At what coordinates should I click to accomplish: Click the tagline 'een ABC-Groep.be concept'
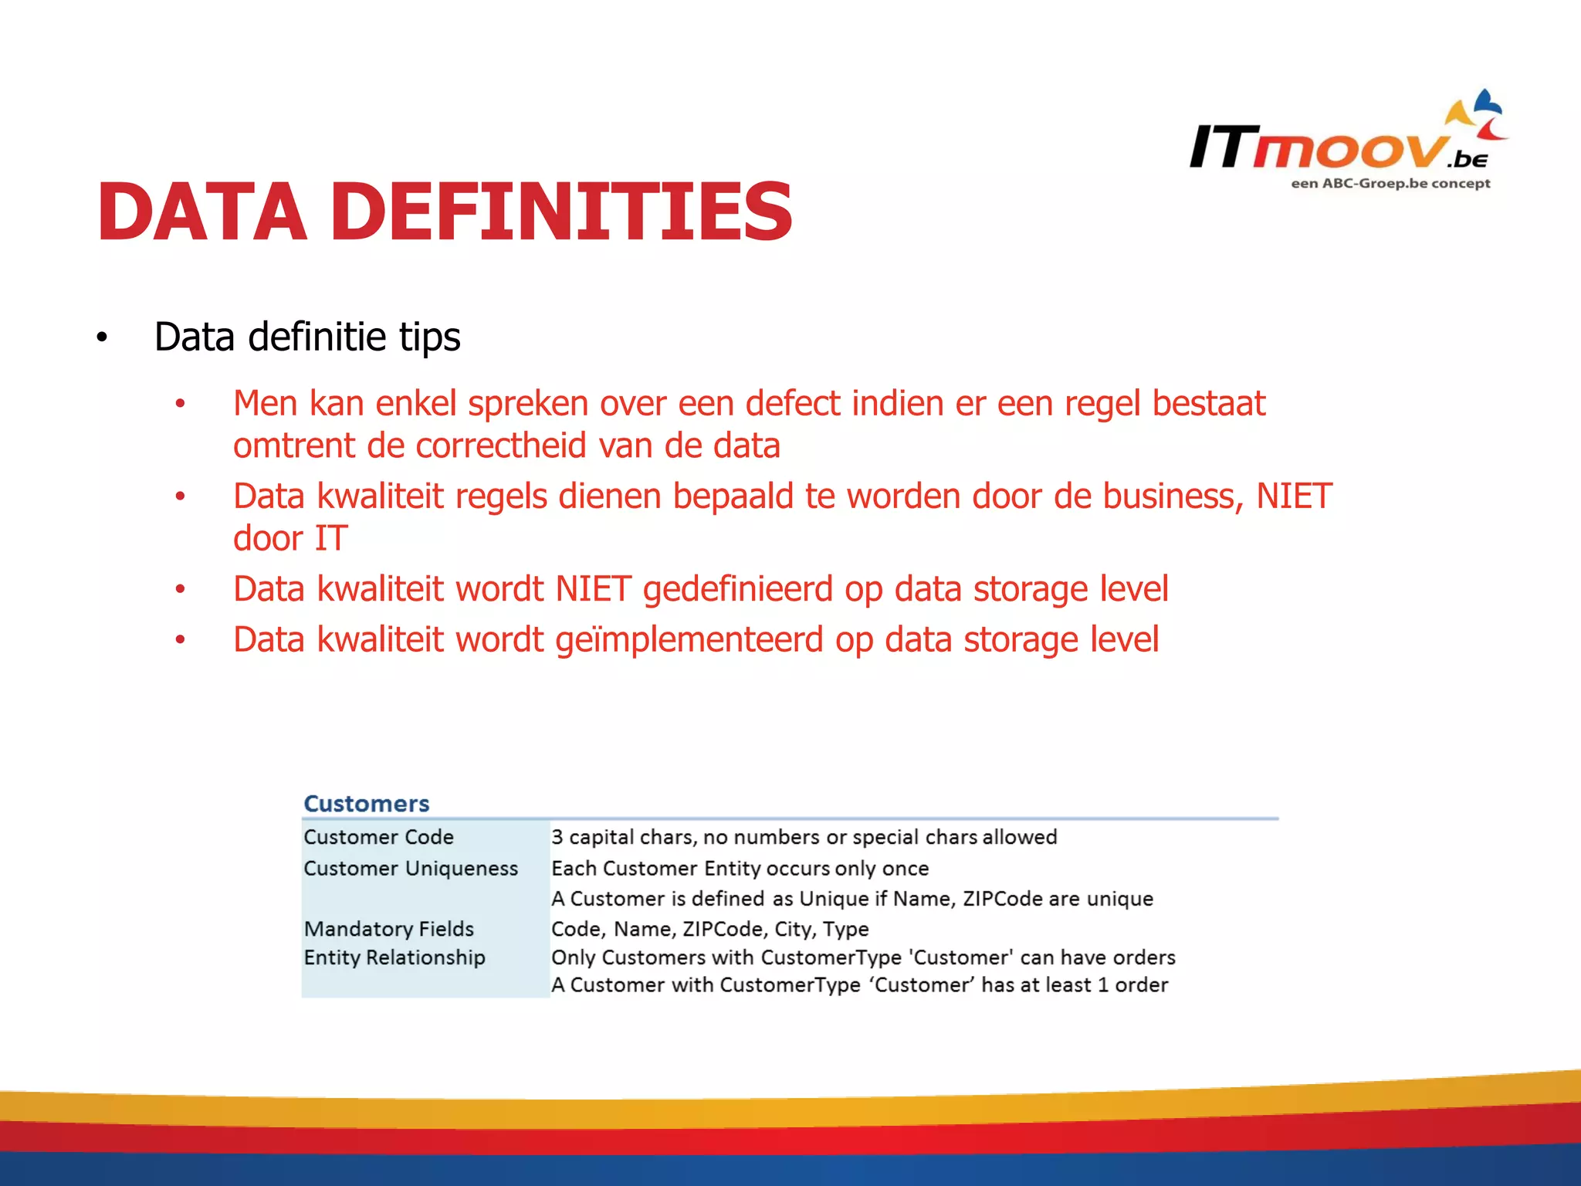point(1390,184)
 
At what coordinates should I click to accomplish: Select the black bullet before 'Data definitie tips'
point(102,338)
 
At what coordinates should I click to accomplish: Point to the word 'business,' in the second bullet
point(1173,496)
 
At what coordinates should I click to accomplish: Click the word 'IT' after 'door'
point(330,539)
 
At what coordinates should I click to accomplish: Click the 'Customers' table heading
point(366,804)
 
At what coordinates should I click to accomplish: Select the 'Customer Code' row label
point(378,837)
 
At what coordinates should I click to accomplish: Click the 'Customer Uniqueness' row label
point(410,869)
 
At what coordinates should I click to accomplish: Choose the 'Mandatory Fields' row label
point(388,929)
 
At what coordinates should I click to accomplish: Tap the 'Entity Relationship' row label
point(394,957)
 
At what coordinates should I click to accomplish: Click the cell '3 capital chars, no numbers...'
point(803,837)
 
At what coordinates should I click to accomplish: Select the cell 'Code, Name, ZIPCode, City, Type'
point(709,929)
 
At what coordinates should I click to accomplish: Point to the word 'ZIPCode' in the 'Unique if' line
point(1003,899)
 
